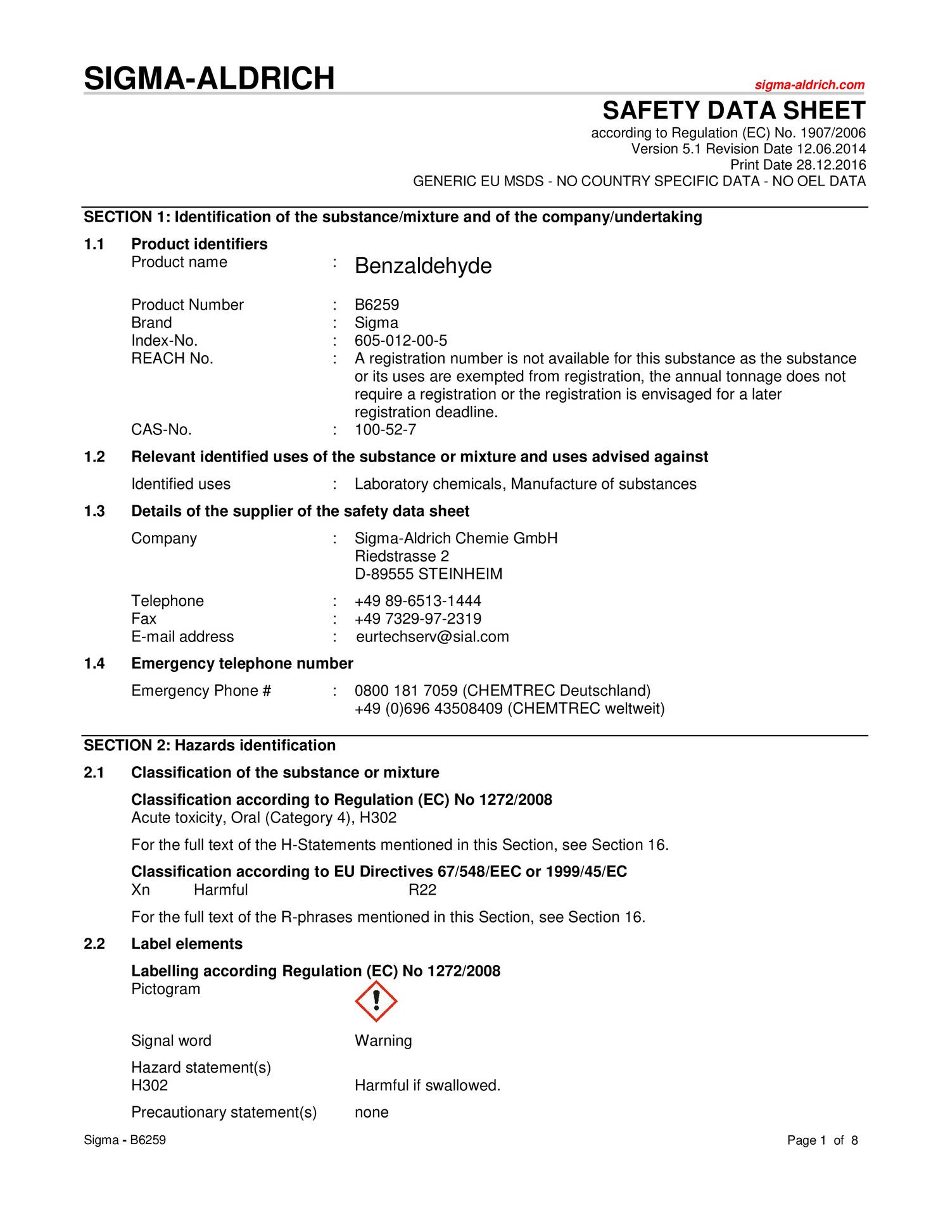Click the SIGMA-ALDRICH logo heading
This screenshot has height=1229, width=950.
[x=209, y=79]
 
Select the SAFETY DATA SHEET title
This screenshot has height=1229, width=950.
[x=733, y=111]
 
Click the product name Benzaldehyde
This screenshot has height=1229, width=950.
[x=423, y=266]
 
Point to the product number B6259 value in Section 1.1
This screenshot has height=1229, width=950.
[x=377, y=305]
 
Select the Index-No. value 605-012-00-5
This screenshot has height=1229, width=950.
[x=401, y=341]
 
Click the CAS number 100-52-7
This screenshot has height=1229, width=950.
[x=385, y=430]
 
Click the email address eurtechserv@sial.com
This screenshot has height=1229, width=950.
[x=433, y=637]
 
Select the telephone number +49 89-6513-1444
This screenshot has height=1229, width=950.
[x=418, y=601]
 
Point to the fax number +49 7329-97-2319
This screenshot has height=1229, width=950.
[x=418, y=619]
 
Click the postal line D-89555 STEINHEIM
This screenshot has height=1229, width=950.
[x=429, y=574]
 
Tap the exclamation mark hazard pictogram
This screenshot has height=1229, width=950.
[x=376, y=1001]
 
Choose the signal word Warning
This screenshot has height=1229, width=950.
[x=383, y=1040]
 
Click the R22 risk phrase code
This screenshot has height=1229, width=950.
[x=422, y=890]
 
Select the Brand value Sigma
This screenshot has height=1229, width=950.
[x=376, y=323]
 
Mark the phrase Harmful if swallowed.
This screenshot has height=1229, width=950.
[x=427, y=1085]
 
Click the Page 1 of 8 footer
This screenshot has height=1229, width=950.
[x=822, y=1140]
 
